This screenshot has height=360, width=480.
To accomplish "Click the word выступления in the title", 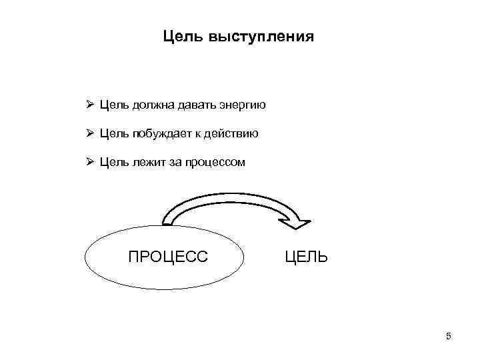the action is click(x=261, y=36).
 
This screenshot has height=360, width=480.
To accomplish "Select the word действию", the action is click(x=233, y=133).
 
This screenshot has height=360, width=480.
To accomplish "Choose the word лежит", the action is click(x=143, y=161).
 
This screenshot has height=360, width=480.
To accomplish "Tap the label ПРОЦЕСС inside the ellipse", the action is click(x=167, y=256).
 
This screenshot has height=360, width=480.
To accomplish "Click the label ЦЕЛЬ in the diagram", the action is click(x=306, y=256).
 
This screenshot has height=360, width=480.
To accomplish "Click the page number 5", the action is click(x=448, y=337).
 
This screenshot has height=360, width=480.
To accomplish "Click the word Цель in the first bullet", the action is click(x=114, y=105).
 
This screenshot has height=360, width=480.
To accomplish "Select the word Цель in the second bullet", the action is click(x=114, y=133).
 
